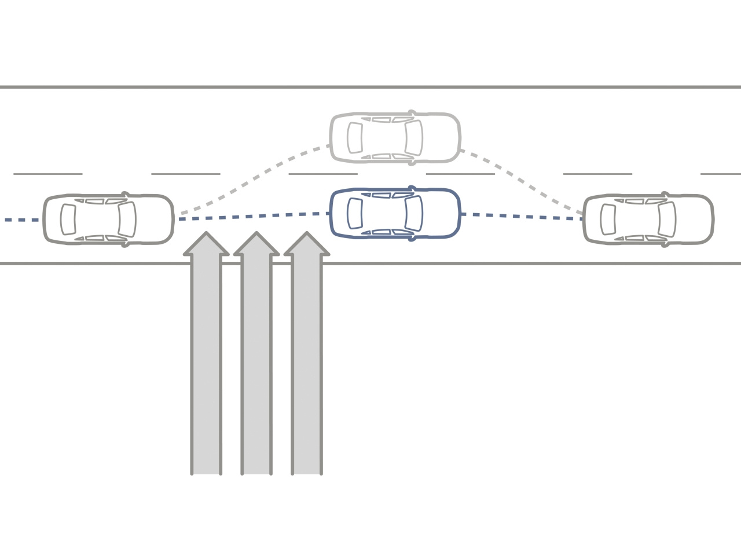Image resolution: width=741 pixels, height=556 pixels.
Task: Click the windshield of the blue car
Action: pyautogui.click(x=413, y=213)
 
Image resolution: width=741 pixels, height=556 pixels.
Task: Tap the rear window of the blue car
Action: pyautogui.click(x=354, y=213)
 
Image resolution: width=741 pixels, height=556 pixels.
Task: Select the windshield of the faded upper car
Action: pyautogui.click(x=413, y=138)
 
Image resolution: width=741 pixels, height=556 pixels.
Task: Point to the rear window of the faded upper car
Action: pyautogui.click(x=354, y=138)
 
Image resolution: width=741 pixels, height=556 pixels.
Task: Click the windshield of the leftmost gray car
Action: pyautogui.click(x=127, y=220)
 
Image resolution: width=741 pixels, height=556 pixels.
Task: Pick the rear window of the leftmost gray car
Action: pyautogui.click(x=68, y=220)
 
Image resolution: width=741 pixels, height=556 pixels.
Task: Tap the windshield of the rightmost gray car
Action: pyautogui.click(x=667, y=220)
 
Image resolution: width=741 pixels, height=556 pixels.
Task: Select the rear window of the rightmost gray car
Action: pyautogui.click(x=608, y=220)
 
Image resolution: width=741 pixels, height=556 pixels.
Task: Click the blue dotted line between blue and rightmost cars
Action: pyautogui.click(x=521, y=216)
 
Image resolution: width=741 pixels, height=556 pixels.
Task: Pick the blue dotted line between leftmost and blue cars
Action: pyautogui.click(x=255, y=217)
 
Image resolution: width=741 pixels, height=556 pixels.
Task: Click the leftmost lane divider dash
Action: pyautogui.click(x=48, y=173)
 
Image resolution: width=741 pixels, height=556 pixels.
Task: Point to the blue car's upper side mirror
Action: pyautogui.click(x=412, y=188)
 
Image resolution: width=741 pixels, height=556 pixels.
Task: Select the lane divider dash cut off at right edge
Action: pyautogui.click(x=721, y=173)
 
